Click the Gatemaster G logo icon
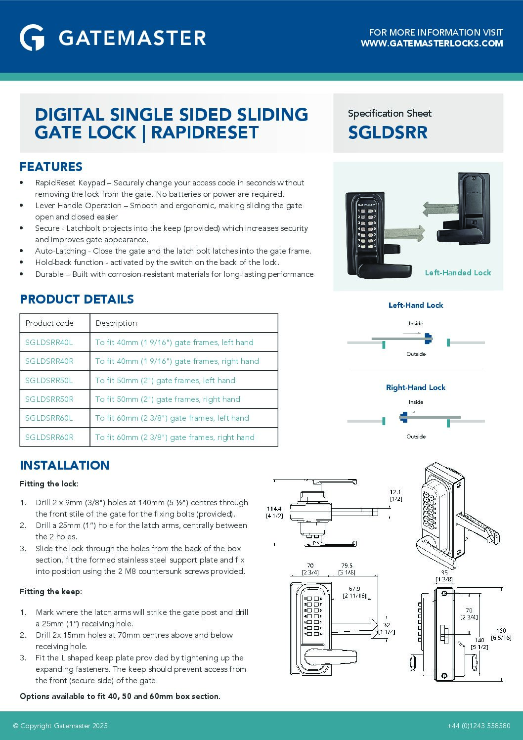click(32, 38)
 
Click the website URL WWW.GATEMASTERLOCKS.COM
click(432, 44)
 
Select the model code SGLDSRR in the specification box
click(388, 132)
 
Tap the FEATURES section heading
click(51, 167)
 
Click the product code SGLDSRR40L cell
click(49, 342)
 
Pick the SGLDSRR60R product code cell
click(49, 437)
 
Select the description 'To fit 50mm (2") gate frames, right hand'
click(168, 399)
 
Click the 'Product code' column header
click(49, 323)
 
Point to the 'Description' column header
click(116, 323)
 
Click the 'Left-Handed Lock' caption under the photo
click(458, 272)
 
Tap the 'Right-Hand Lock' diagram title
click(415, 388)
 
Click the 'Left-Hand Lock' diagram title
click(415, 305)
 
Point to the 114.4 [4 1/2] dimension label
click(274, 512)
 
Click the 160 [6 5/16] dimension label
click(501, 634)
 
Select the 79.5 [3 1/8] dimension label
click(347, 569)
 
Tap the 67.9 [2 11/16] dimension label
click(354, 592)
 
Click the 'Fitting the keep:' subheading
click(51, 591)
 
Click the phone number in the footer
click(479, 726)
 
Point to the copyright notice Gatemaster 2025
click(60, 726)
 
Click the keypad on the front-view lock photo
click(367, 228)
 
